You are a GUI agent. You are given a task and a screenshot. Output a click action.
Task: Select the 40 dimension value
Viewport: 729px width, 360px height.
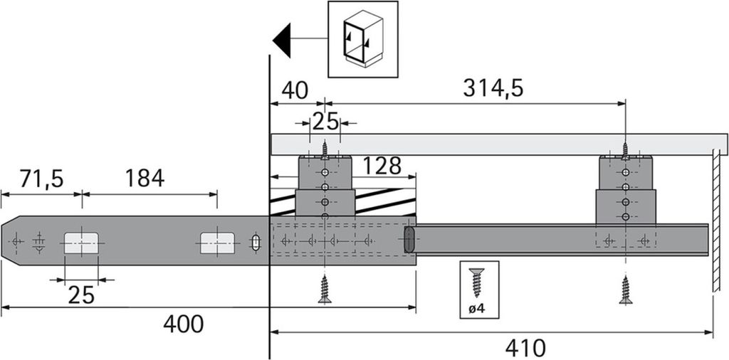click(294, 91)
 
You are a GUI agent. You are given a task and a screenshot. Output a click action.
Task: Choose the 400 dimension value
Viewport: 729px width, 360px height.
click(183, 324)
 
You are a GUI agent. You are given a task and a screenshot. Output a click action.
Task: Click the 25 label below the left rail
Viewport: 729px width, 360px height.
click(81, 294)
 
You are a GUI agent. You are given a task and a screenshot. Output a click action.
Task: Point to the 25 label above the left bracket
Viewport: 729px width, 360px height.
click(325, 122)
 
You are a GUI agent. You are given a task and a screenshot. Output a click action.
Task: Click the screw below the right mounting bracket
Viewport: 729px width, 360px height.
click(626, 290)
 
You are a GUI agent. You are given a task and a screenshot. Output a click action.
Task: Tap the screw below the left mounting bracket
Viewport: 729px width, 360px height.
click(325, 290)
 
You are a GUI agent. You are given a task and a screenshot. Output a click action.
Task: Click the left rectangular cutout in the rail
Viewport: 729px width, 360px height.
click(83, 243)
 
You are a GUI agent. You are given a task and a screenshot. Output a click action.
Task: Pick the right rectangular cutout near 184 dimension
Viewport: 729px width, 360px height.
click(218, 243)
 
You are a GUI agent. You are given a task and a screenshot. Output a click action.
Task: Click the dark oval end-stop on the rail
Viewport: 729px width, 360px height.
click(409, 240)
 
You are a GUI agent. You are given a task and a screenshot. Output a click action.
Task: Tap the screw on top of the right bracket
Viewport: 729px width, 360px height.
click(626, 149)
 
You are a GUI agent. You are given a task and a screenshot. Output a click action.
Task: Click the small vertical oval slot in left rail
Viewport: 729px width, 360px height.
click(255, 242)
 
